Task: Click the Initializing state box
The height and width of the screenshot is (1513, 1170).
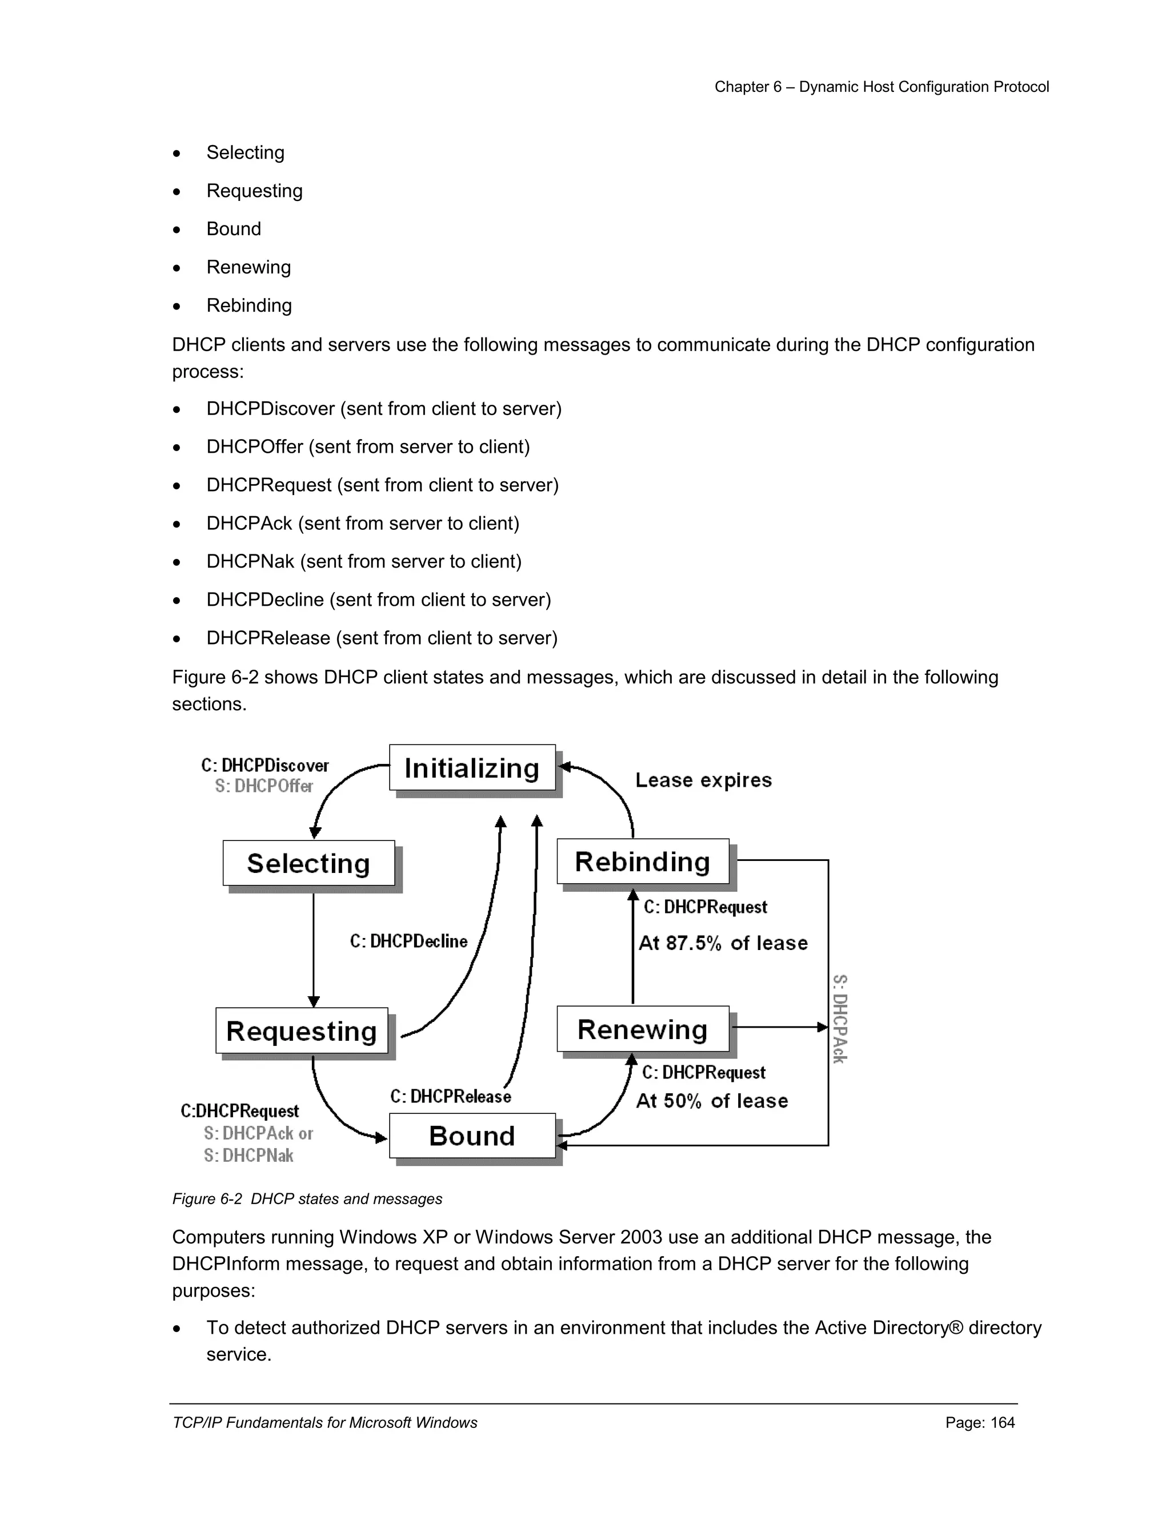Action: tap(472, 767)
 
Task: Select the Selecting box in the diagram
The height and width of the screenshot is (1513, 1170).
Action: tap(308, 863)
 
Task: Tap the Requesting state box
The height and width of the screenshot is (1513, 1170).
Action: tap(302, 1031)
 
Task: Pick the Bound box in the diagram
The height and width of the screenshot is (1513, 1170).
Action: tap(472, 1136)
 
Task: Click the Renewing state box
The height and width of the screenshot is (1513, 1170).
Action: tap(643, 1029)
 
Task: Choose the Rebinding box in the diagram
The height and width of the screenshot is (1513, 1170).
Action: tap(643, 862)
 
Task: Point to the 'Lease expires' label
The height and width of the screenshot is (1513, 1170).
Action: tap(703, 780)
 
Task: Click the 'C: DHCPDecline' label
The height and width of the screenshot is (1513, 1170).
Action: tap(408, 941)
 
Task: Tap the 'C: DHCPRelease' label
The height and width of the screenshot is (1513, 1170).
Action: tap(451, 1096)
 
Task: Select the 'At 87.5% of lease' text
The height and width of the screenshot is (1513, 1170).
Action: tap(723, 943)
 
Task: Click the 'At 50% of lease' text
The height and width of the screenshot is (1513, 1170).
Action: tap(712, 1101)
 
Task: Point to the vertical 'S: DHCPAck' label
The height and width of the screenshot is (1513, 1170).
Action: tap(839, 1019)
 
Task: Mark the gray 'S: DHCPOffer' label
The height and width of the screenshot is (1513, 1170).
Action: tap(263, 786)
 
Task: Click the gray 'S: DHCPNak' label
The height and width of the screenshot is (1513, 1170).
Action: tap(248, 1156)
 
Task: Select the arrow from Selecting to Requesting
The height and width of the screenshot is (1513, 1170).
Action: tap(313, 949)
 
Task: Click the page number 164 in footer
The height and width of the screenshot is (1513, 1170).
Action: tap(1002, 1422)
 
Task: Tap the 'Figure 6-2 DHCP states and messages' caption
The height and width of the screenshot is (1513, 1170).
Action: tap(307, 1198)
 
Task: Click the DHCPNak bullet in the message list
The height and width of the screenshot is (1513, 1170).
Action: tap(363, 561)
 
